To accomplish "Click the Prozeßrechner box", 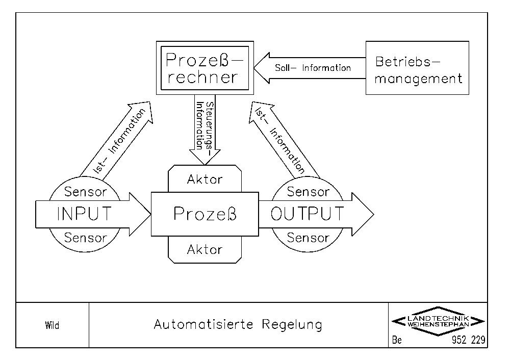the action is [205, 68].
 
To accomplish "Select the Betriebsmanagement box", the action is [417, 68].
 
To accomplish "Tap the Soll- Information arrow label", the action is [313, 68].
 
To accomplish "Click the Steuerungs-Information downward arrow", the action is [205, 130].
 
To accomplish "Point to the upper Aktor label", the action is [205, 179].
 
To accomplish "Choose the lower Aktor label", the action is [205, 249].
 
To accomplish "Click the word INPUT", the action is [84, 214].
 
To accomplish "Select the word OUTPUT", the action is [307, 214].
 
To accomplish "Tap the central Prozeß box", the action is [205, 214].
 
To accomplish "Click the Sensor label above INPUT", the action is [85, 192].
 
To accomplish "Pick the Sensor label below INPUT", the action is [85, 238].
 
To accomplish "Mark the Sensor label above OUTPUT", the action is [308, 192].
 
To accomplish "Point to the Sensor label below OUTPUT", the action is [308, 238].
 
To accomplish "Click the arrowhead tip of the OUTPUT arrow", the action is [374, 214].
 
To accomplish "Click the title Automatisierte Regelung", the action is [238, 324].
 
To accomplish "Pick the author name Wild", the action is [52, 325].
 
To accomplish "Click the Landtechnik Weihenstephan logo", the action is [438, 321].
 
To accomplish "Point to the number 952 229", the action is [468, 340].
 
